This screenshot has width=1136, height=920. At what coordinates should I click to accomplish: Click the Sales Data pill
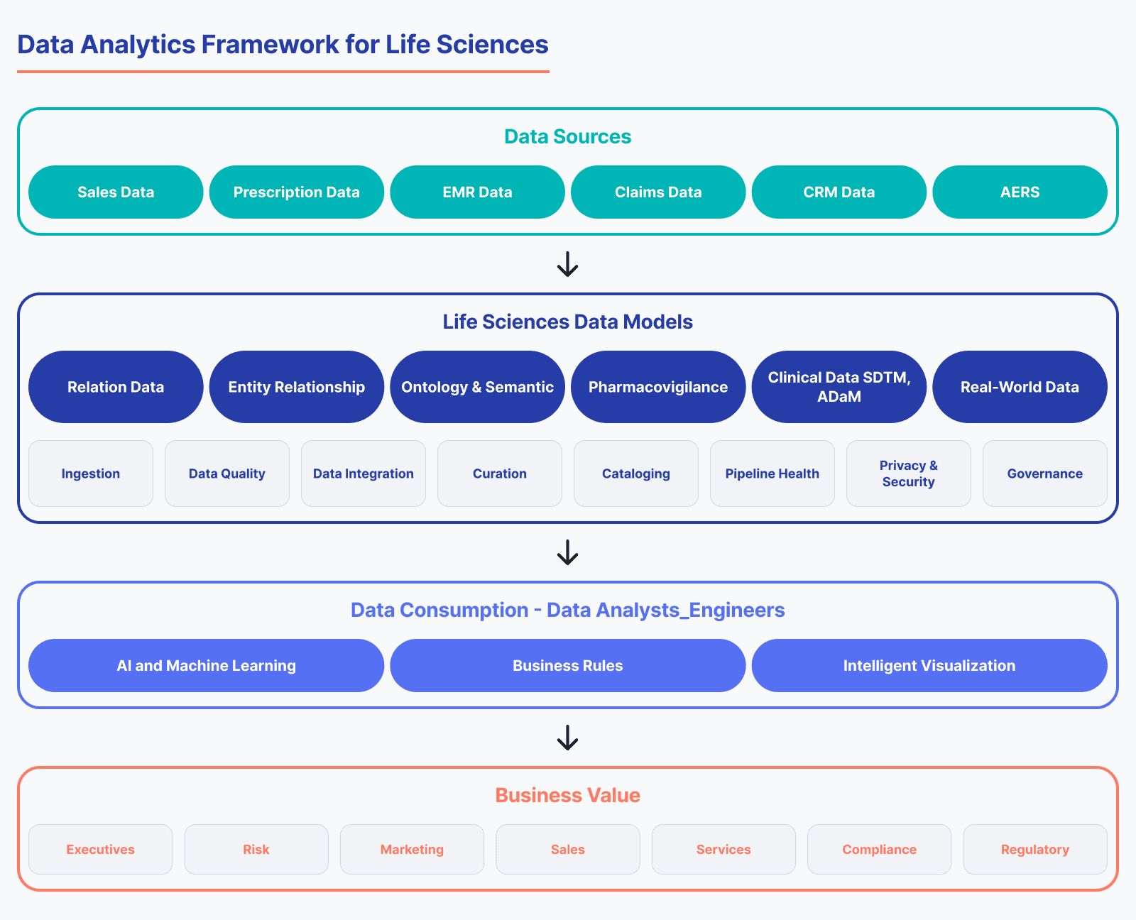[116, 192]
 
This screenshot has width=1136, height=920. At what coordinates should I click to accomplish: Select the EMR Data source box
[477, 192]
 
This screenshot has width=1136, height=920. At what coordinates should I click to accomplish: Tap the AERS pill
[1020, 192]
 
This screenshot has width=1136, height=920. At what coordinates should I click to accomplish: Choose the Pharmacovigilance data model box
[658, 387]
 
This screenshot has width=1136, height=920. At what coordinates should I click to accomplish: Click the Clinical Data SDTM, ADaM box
[839, 387]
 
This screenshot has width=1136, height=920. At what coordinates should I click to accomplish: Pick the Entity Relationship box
[296, 387]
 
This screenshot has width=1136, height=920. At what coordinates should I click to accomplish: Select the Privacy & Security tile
[908, 473]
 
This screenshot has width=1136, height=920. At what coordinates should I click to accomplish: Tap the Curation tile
[500, 473]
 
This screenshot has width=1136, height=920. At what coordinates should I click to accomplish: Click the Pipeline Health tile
[772, 473]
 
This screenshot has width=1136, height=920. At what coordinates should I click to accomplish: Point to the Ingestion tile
[91, 473]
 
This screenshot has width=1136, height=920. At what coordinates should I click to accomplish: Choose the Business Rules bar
[567, 665]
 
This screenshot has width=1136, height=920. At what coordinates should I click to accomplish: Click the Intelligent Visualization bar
[929, 665]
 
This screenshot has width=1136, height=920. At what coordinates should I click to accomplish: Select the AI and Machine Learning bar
[206, 665]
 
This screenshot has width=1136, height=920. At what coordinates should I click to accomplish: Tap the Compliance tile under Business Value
[879, 849]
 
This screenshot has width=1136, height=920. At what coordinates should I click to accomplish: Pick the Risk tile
[256, 849]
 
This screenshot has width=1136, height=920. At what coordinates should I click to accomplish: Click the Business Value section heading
[567, 795]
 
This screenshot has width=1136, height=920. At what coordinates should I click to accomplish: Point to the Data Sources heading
[567, 136]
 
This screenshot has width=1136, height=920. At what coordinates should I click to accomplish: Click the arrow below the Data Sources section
[567, 264]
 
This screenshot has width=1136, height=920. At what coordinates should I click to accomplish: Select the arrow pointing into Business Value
[567, 738]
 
